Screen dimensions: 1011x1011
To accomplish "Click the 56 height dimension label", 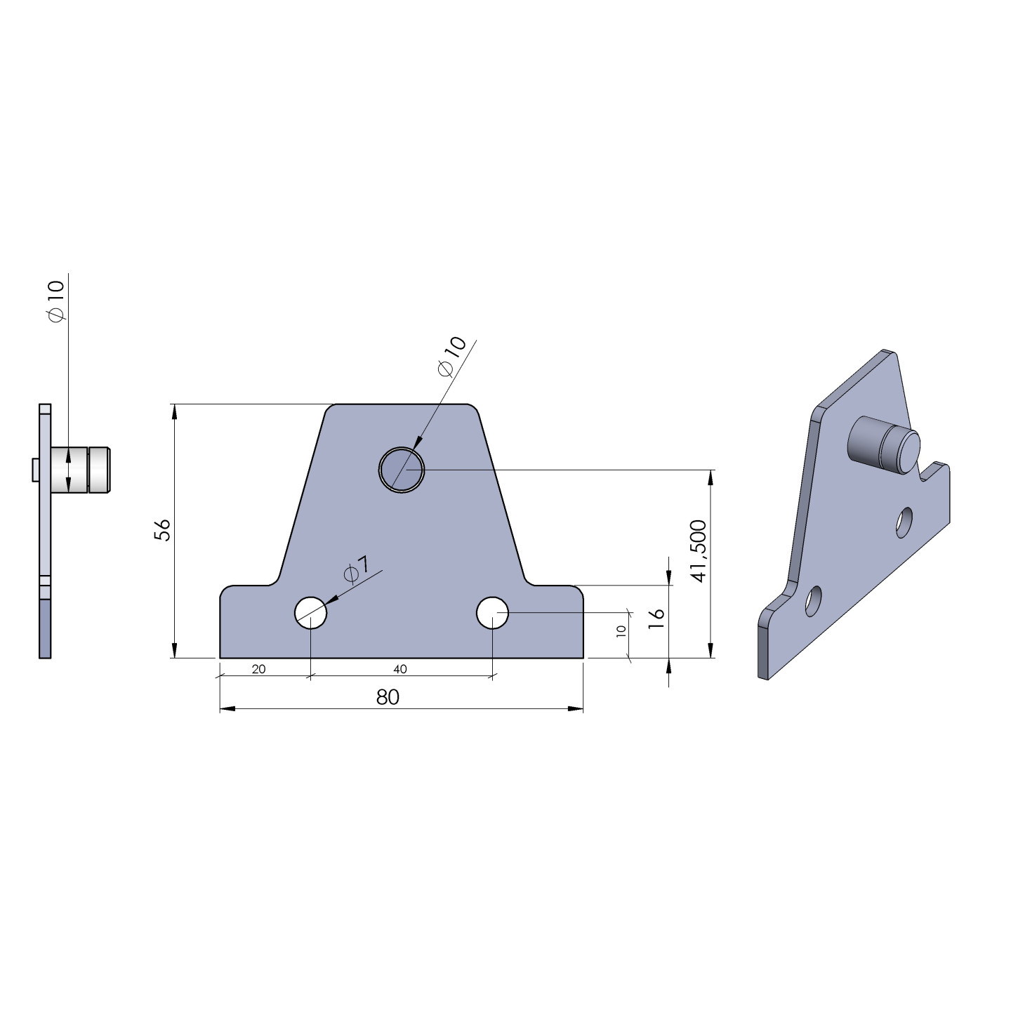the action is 163,529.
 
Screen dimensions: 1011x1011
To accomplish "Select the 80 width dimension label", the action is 388,696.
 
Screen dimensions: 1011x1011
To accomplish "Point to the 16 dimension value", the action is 656,619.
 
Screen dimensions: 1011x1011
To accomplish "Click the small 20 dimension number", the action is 258,669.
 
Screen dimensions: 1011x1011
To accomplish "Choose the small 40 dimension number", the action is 399,669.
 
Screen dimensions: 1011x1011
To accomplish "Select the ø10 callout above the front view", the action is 451,357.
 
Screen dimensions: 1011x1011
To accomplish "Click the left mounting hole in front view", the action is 310,612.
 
